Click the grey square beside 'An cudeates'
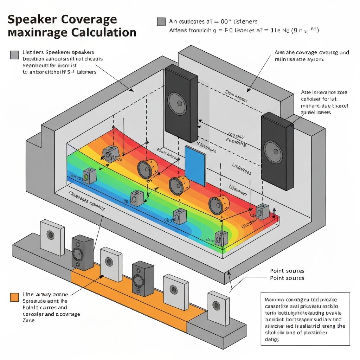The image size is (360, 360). (x=161, y=22)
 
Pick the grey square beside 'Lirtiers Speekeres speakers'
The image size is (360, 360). (x=14, y=54)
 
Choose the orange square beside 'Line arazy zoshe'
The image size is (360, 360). (x=14, y=297)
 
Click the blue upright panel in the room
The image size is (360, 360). (x=195, y=165)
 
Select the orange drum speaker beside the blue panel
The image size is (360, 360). (x=179, y=185)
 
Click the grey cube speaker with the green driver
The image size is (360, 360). (x=89, y=176)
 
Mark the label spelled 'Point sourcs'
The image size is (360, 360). (x=287, y=278)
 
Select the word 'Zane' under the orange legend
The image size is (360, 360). (x=28, y=320)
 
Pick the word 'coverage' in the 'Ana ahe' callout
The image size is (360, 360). (x=307, y=53)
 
